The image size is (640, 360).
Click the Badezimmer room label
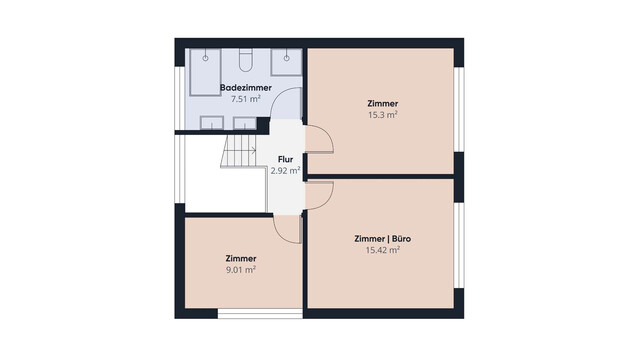click(x=246, y=88)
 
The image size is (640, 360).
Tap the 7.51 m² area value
click(x=246, y=99)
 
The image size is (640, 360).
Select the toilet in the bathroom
click(x=246, y=60)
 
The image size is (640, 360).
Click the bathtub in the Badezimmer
click(x=205, y=72)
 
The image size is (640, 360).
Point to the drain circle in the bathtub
click(x=205, y=58)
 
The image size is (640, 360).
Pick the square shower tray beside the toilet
click(x=287, y=62)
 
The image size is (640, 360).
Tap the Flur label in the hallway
click(x=285, y=160)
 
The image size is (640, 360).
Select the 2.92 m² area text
click(x=285, y=171)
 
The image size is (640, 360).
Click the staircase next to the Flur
click(x=239, y=151)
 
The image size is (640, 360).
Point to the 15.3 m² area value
click(x=383, y=115)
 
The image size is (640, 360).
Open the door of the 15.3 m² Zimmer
click(x=320, y=139)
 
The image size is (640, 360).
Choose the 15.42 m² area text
click(x=382, y=250)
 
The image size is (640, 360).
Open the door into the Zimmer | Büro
click(x=320, y=195)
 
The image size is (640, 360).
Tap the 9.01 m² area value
click(x=241, y=270)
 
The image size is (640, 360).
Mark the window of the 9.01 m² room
click(x=260, y=313)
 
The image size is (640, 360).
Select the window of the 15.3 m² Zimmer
click(x=459, y=109)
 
